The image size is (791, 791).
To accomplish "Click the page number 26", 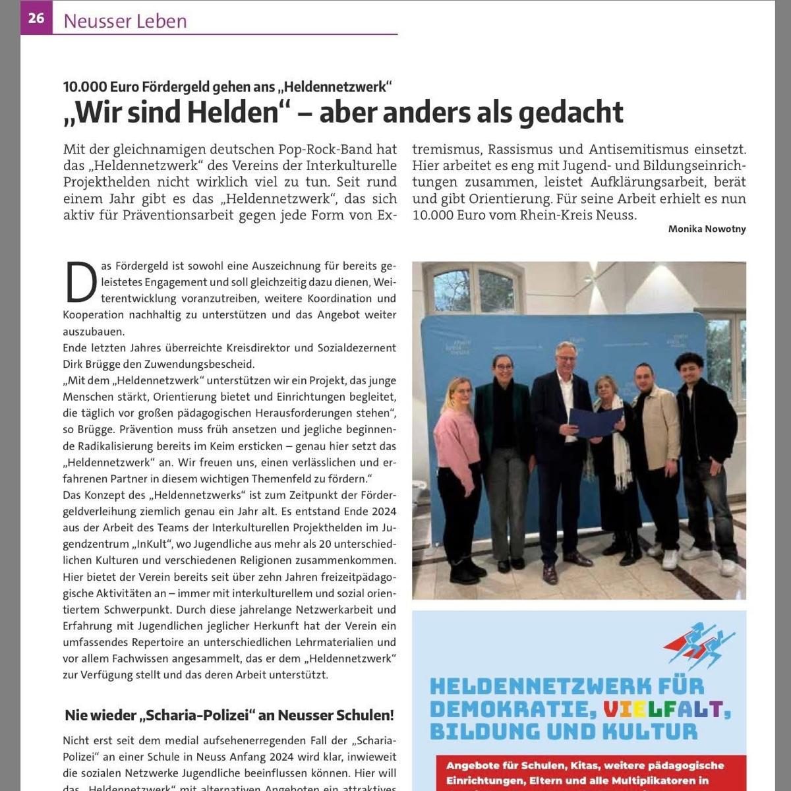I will click(x=36, y=18).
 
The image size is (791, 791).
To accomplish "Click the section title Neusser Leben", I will click(x=125, y=21).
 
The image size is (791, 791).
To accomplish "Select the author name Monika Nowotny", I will click(x=707, y=229).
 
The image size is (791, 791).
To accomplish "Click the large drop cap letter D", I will click(x=78, y=281).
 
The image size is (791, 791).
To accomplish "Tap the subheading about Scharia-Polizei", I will click(x=229, y=715).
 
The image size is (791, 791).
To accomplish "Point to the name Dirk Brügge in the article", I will click(x=92, y=364).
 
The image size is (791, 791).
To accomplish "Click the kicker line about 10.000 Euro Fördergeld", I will click(x=227, y=86).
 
